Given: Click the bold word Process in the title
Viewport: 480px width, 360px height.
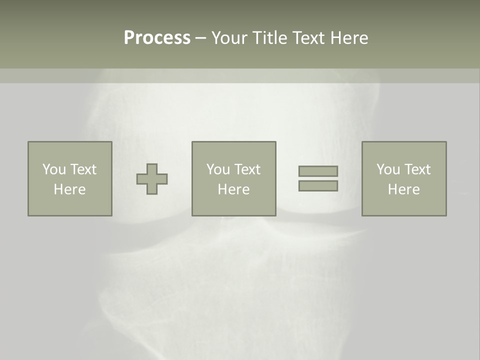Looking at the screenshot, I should pos(157,38).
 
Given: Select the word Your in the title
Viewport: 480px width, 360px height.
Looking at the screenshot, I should pos(229,38).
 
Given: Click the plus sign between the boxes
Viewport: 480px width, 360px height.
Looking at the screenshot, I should pos(152,179).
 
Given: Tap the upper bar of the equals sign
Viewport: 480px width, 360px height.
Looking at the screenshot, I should pos(318,171).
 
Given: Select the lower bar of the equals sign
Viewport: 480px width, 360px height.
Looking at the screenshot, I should pos(318,185).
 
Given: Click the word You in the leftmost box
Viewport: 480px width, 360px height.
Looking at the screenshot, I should pos(54,169).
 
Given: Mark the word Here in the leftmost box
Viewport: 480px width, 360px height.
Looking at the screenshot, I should pos(69,189).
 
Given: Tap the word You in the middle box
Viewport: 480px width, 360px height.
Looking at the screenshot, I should pos(218,169).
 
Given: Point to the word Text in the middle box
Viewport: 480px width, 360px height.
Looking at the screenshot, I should pos(248,169).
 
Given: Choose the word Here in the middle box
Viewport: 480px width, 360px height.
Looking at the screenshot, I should pos(233,189).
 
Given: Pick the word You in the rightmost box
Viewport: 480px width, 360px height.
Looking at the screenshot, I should pos(388,169).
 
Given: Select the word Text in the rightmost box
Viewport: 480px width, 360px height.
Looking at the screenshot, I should pos(418,169).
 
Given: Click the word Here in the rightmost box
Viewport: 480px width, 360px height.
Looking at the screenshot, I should pos(403,189).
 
